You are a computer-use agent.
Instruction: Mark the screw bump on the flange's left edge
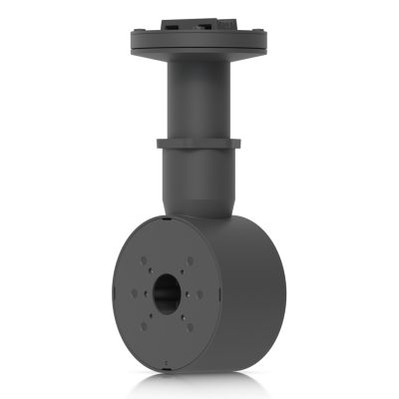[134, 43]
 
